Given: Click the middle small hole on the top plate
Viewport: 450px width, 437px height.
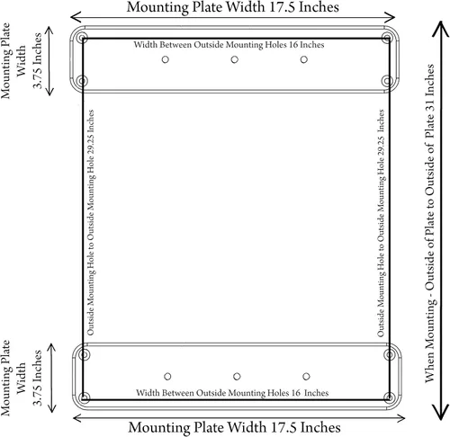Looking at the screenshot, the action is (235, 59).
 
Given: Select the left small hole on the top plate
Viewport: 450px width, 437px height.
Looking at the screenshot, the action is (166, 59).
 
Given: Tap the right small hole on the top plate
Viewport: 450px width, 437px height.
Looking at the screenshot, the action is (304, 59).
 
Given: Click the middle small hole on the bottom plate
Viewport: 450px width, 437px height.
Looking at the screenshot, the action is (237, 376).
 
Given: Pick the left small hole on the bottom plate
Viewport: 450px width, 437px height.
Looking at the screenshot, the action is (167, 376).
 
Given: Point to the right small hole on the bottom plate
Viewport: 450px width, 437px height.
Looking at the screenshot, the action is (306, 376).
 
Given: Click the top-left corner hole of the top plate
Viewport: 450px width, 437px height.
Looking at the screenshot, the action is (83, 39).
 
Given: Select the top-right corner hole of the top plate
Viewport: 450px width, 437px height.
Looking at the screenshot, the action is (388, 39).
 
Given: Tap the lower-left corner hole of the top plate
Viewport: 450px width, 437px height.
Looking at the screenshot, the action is (83, 81).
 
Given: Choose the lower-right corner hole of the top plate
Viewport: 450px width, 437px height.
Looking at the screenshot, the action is (388, 81).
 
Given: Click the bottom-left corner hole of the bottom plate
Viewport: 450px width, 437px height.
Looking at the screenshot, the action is (85, 397).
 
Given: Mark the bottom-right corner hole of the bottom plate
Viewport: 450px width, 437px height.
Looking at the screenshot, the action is (390, 397).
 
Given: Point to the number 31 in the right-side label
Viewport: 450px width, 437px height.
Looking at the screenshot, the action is (429, 105).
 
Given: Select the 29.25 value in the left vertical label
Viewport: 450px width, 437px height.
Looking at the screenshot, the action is (91, 143).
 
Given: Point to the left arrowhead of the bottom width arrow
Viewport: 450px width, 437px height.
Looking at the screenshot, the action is (77, 418).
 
